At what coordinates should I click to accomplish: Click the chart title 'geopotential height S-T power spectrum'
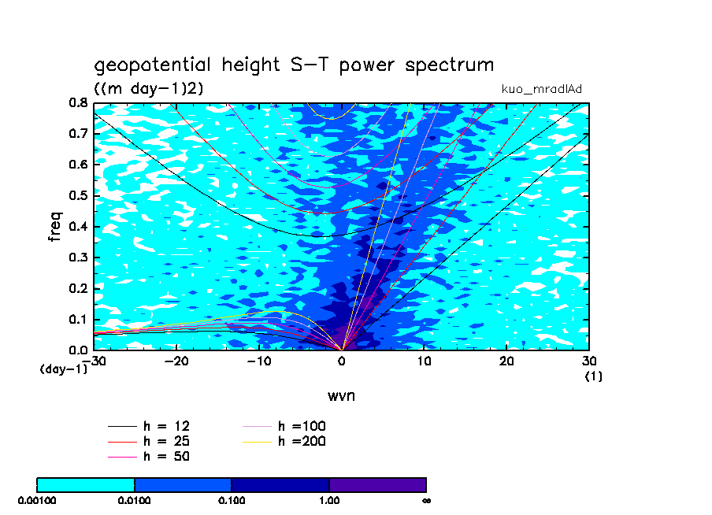294,65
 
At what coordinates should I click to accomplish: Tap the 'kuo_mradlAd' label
542,88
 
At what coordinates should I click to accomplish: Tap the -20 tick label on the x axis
176,361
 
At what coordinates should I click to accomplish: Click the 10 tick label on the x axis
425,361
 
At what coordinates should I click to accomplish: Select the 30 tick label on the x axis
589,361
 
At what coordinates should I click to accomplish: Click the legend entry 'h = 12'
165,427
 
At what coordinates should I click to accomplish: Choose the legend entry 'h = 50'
165,456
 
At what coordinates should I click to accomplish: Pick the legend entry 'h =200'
302,441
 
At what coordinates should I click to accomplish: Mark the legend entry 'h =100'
302,427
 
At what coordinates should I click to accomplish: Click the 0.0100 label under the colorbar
135,499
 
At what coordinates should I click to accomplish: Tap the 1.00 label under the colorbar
329,499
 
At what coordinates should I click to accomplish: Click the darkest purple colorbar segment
377,484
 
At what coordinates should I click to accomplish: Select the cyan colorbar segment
86,484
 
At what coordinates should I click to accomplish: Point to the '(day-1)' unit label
64,369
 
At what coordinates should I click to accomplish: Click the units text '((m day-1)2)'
149,88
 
